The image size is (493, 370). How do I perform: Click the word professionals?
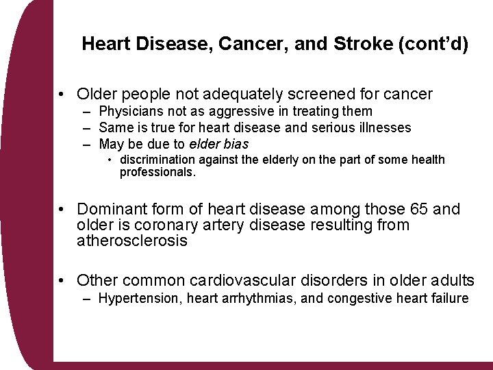coord(157,173)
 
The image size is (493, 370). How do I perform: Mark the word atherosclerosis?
coord(132,241)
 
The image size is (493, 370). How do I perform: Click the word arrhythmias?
coord(247,298)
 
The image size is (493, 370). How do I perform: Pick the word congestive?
coord(358,298)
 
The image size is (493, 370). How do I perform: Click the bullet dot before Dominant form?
coord(62,210)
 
